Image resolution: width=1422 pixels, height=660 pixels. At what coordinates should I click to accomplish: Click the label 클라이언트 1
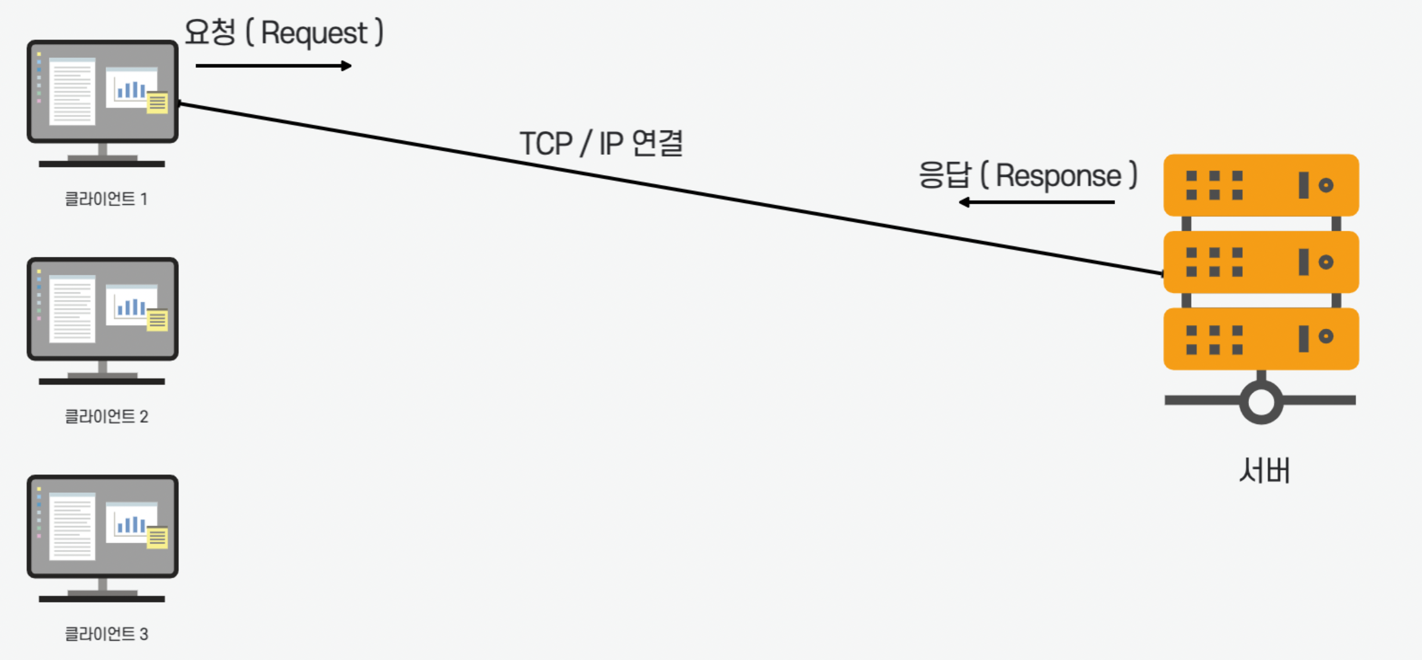point(106,199)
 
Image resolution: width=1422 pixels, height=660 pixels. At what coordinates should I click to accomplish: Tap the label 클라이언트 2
point(106,416)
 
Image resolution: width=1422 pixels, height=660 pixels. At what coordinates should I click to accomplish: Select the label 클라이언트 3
point(106,634)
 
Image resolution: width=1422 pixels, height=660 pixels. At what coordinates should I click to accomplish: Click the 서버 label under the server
point(1264,470)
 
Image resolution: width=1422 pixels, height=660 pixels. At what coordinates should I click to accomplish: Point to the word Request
point(314,33)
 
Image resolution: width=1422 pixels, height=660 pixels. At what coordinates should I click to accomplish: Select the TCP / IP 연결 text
point(601,143)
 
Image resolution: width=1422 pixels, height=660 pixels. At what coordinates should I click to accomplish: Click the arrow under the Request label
point(273,66)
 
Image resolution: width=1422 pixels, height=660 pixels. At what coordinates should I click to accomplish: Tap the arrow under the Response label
point(1037,202)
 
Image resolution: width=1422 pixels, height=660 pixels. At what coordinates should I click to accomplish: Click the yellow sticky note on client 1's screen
point(157,103)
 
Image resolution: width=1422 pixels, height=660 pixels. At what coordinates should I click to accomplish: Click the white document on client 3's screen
point(72,527)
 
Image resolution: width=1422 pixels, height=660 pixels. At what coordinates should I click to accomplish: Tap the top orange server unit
point(1261,185)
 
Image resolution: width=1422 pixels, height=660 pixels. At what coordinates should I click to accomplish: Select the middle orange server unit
point(1261,262)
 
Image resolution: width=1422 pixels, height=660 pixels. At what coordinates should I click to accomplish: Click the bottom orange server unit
point(1261,339)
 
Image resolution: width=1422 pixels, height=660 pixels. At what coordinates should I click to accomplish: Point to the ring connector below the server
point(1261,402)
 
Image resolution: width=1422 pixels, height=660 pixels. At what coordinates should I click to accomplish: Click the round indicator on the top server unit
point(1326,186)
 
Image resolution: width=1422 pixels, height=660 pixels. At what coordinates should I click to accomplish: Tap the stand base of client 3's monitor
point(102,598)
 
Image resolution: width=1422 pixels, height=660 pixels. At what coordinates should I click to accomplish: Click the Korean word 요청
point(210,32)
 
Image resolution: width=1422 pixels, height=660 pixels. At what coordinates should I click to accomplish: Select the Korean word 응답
point(944,175)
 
